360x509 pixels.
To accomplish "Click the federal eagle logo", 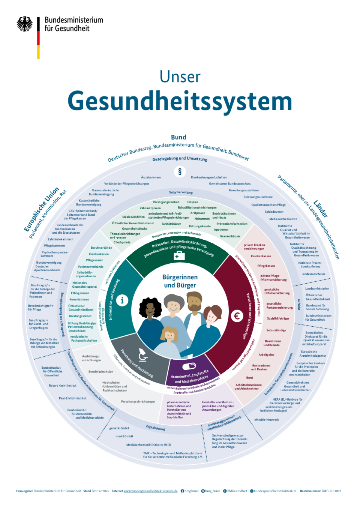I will pyautogui.click(x=25, y=24).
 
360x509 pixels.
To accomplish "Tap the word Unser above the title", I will pyautogui.click(x=180, y=77).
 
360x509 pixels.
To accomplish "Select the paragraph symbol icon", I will pyautogui.click(x=180, y=171).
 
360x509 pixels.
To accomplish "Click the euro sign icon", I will pyautogui.click(x=237, y=316).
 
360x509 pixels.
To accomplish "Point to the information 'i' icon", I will pyautogui.click(x=122, y=300).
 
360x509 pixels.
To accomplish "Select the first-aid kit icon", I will pyautogui.click(x=179, y=256).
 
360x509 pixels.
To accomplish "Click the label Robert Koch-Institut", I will pyautogui.click(x=63, y=385).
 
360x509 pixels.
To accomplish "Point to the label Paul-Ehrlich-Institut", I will pyautogui.click(x=72, y=398).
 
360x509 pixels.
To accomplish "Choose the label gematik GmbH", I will pyautogui.click(x=119, y=428).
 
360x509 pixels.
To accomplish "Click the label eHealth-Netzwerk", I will pyautogui.click(x=267, y=420).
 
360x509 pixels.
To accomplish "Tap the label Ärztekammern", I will pyautogui.click(x=151, y=177).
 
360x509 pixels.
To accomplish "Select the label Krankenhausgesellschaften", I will pyautogui.click(x=208, y=177).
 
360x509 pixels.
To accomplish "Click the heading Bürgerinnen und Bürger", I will pyautogui.click(x=180, y=281).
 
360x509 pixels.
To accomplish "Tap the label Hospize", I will pyautogui.click(x=193, y=202).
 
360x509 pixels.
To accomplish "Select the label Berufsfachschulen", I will pyautogui.click(x=101, y=371).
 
